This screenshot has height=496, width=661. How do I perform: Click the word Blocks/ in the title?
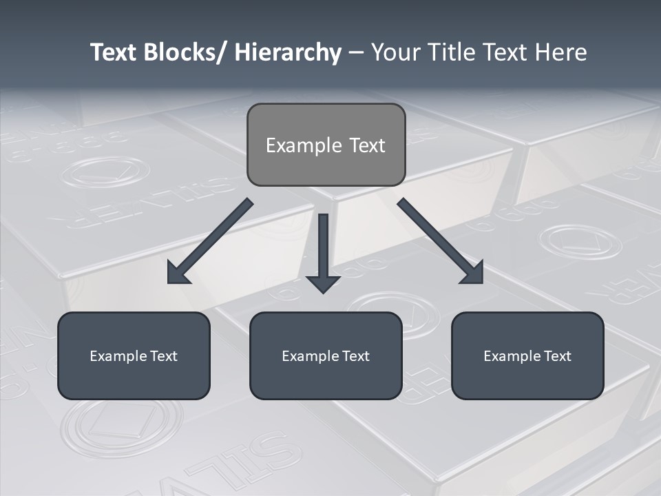[x=181, y=52]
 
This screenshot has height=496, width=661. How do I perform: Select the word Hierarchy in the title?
[x=288, y=52]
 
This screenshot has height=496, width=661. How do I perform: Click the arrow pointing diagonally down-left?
[x=213, y=238]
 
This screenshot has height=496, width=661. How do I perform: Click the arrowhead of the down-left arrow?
[x=176, y=275]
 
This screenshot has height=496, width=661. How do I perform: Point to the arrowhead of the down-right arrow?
[x=474, y=275]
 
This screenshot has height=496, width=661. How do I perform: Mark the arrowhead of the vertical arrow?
[x=323, y=283]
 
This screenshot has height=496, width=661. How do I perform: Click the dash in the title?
[x=356, y=53]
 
